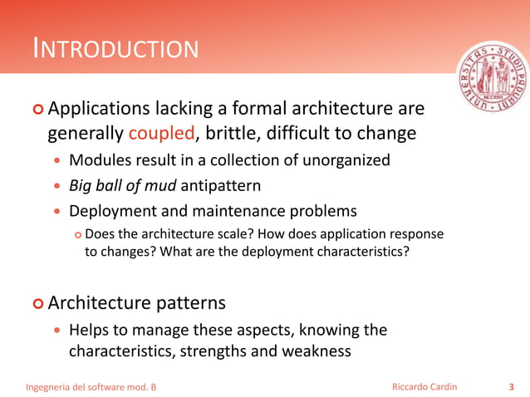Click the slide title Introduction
(x=115, y=49)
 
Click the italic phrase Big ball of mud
(x=123, y=185)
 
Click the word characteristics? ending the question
(x=360, y=252)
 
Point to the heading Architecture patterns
(x=136, y=301)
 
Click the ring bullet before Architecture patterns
(x=37, y=302)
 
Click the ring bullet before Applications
(x=37, y=110)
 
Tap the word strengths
(x=212, y=350)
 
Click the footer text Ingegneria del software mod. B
(x=91, y=387)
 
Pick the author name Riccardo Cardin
(x=424, y=387)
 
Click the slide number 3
(x=510, y=387)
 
